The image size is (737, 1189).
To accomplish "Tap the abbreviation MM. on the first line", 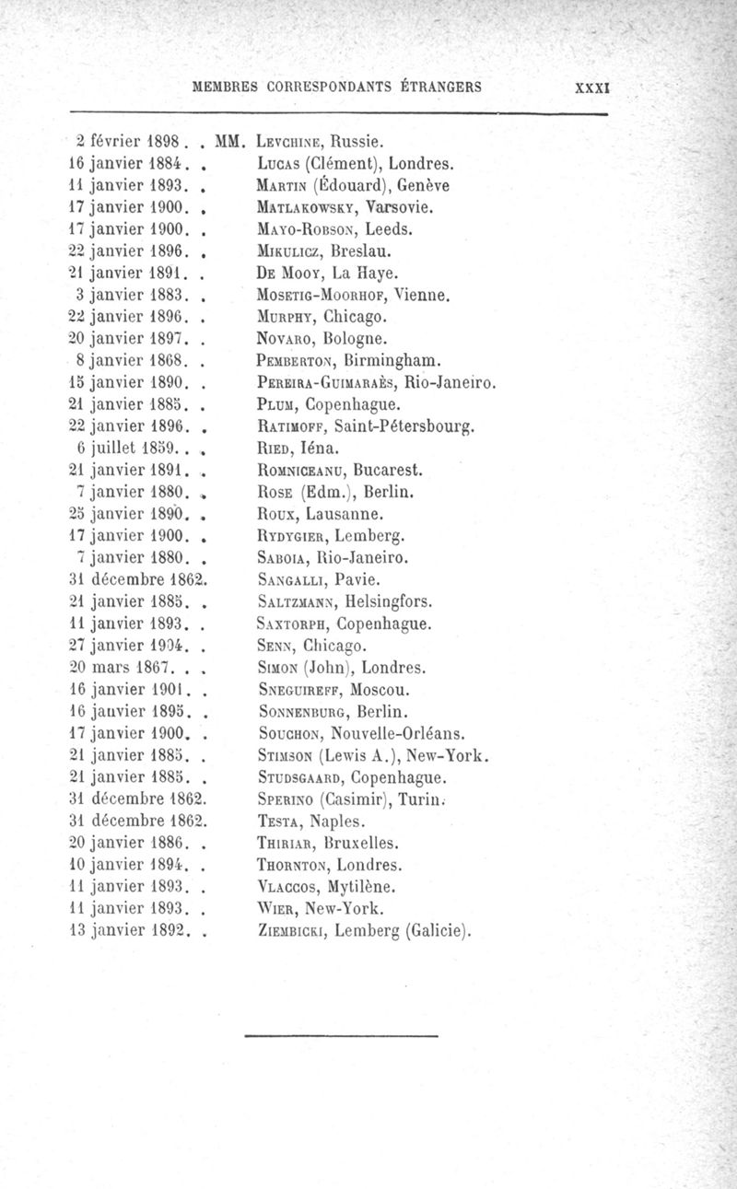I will point(227,143).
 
